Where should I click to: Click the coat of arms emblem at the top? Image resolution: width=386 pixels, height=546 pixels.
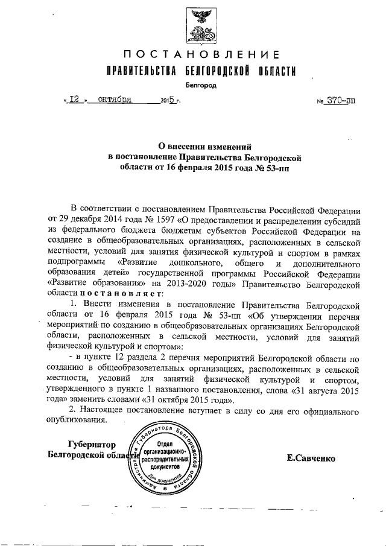pyautogui.click(x=197, y=24)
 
